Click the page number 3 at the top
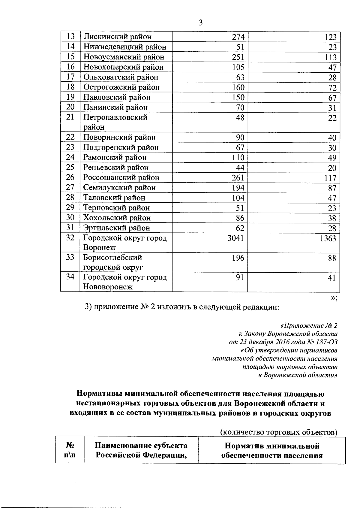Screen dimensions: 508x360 201,23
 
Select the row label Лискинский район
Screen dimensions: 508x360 117,37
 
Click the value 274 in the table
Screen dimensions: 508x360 238,37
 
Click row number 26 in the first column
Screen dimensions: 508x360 70,177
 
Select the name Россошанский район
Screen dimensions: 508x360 121,178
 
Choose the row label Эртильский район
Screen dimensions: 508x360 116,228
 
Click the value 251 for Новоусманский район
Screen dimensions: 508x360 238,57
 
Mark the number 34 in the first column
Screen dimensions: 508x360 70,277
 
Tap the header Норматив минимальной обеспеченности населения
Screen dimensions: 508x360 272,450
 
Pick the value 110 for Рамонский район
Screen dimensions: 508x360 238,158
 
